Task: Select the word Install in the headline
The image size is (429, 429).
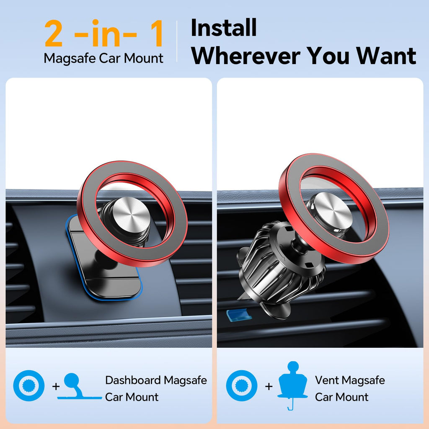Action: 223,28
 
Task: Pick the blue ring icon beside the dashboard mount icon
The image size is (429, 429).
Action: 28,386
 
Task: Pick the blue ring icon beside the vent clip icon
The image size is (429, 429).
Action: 242,386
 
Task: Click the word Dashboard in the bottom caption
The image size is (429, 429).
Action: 133,380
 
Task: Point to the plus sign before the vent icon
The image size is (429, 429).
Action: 269,386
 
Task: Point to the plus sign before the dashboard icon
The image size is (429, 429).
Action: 56,386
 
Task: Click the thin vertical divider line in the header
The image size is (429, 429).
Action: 177,41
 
